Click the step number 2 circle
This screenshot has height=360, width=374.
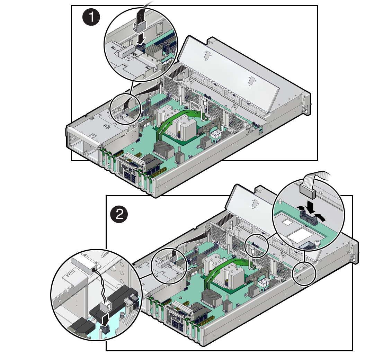(x=119, y=215)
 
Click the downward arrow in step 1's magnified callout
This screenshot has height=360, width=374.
(x=140, y=39)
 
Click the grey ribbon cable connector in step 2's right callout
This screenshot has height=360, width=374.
(x=306, y=189)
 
